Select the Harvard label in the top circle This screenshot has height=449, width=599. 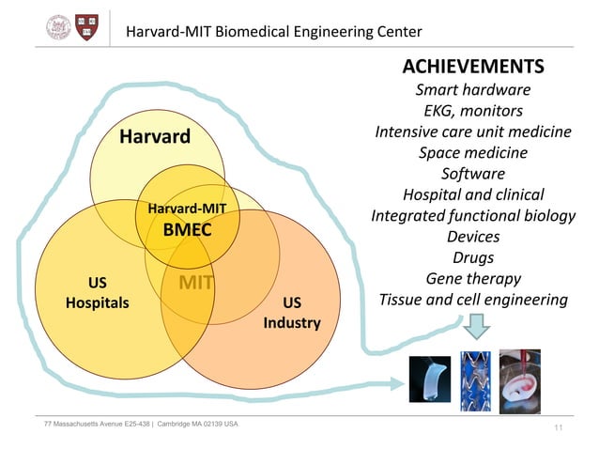(154, 138)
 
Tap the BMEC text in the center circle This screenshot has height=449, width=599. (187, 229)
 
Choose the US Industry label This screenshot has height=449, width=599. (292, 313)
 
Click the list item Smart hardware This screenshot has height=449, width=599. (472, 90)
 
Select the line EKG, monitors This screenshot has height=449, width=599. (472, 111)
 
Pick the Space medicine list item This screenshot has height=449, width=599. (472, 152)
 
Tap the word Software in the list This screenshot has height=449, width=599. (472, 174)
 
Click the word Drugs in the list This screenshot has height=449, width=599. (472, 257)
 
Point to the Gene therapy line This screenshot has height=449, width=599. (472, 278)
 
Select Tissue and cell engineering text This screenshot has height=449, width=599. (472, 300)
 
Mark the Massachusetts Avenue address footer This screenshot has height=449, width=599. (141, 424)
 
